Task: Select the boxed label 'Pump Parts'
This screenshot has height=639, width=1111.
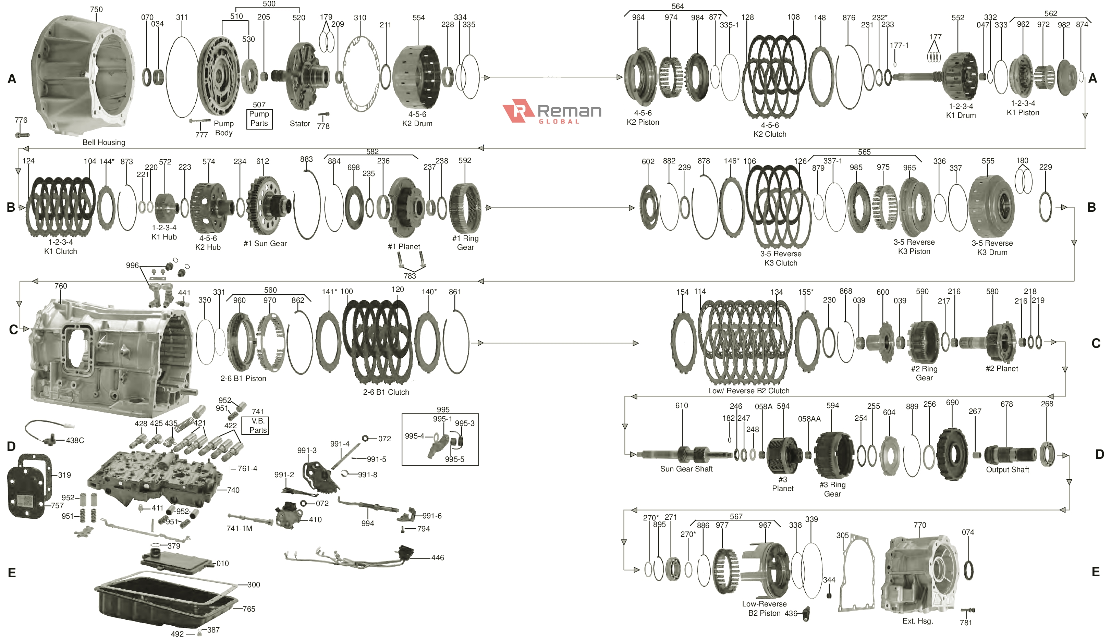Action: coord(259,119)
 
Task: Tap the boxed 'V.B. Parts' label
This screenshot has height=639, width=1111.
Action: coord(258,425)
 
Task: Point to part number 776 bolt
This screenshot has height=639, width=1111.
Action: coord(22,134)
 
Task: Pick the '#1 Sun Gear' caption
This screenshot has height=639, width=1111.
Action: coord(265,244)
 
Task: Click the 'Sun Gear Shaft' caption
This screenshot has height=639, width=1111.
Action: coord(686,469)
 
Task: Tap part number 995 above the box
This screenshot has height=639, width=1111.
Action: coord(443,409)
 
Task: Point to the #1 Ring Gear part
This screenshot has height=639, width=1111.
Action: coord(465,208)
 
